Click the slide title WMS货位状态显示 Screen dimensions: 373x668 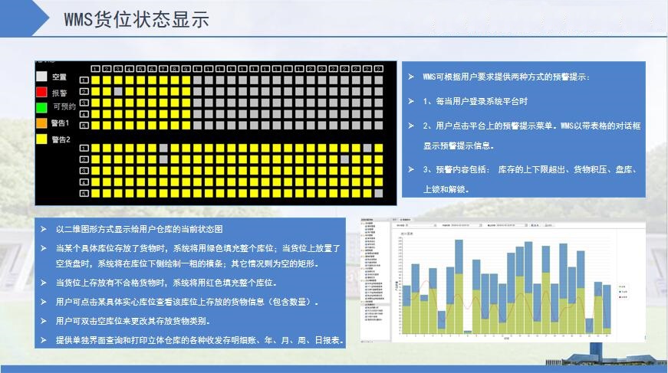click(137, 20)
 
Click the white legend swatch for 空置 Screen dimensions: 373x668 click(41, 77)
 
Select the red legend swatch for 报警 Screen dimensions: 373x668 click(41, 92)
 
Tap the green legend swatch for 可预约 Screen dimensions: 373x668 click(41, 106)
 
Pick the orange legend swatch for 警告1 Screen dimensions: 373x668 click(41, 123)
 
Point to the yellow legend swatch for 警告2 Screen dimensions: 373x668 click(41, 139)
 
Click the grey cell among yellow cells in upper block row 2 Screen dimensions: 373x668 click(119, 91)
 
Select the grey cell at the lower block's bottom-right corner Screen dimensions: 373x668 click(379, 193)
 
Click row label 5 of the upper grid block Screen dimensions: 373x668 click(84, 125)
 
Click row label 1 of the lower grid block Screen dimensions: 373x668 click(84, 148)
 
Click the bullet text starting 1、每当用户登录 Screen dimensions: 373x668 click(476, 101)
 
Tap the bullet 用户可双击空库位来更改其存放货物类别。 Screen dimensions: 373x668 click(134, 321)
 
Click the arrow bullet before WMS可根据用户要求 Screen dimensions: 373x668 click(412, 77)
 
